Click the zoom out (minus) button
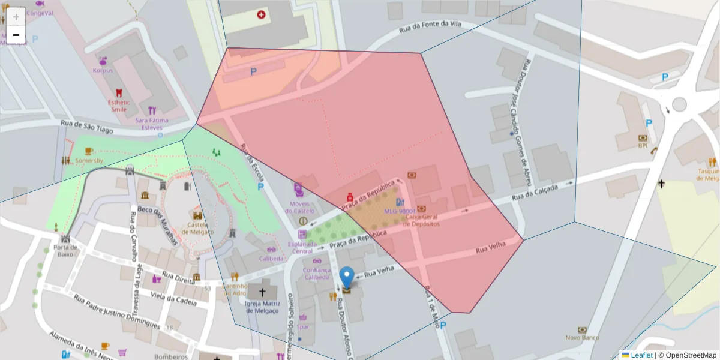[16, 35]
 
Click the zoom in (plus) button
[16, 17]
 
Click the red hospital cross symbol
[261, 14]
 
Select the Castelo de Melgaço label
[197, 227]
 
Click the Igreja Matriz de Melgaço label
[262, 307]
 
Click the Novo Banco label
[582, 337]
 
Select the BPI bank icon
[643, 138]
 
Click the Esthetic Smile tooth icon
[118, 93]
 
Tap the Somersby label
[89, 161]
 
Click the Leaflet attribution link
[641, 355]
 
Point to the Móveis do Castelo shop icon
[299, 189]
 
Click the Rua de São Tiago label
[87, 124]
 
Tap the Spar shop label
[303, 327]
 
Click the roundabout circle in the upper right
[679, 104]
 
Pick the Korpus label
[103, 70]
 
